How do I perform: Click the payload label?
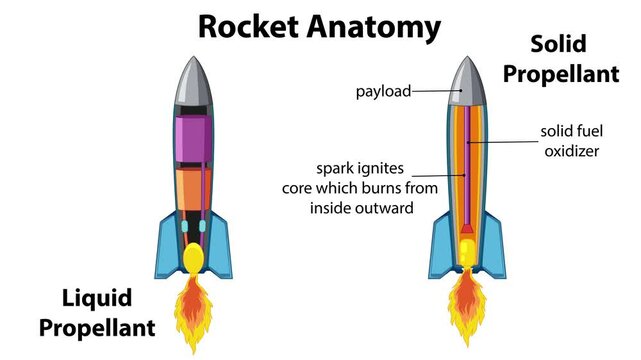384,91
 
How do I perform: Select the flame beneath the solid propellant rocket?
466,304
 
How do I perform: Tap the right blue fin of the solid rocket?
494,246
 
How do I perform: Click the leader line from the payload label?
435,91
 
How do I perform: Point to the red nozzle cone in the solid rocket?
466,239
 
